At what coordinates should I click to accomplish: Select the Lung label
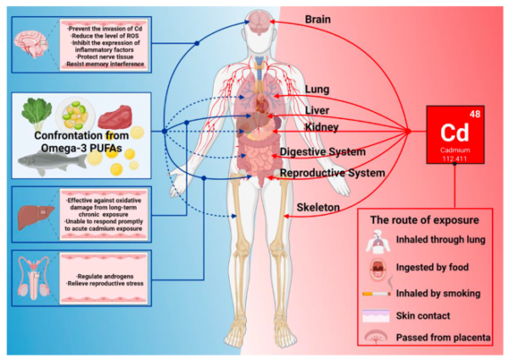[317, 89]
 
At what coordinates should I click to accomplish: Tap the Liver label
[318, 110]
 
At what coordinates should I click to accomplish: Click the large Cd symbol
[456, 134]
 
